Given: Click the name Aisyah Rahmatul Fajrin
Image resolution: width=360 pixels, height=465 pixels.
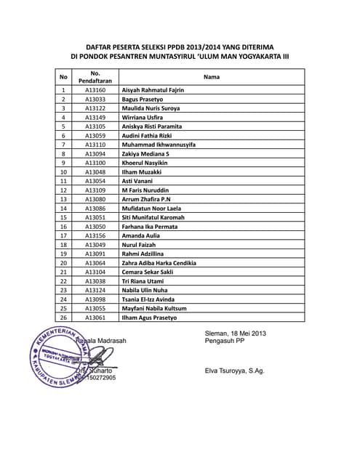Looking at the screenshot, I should click(x=153, y=90).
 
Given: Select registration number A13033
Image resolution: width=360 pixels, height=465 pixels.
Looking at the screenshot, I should click(x=95, y=99).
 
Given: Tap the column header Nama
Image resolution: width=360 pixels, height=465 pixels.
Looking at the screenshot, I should click(x=212, y=76).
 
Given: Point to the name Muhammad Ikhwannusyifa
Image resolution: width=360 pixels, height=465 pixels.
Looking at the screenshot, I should click(x=159, y=145).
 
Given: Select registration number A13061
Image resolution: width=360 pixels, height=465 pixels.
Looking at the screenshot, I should click(x=95, y=317).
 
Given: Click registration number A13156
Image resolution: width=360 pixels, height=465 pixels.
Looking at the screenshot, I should click(x=95, y=235).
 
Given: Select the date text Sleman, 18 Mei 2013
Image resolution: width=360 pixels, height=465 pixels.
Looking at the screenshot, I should click(x=236, y=333).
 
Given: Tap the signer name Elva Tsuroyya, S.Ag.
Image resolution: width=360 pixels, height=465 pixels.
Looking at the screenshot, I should click(x=235, y=371).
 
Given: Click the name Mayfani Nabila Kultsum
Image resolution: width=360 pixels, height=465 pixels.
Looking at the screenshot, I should click(x=154, y=308).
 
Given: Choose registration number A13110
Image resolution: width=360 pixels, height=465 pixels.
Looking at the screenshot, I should click(x=95, y=145).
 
